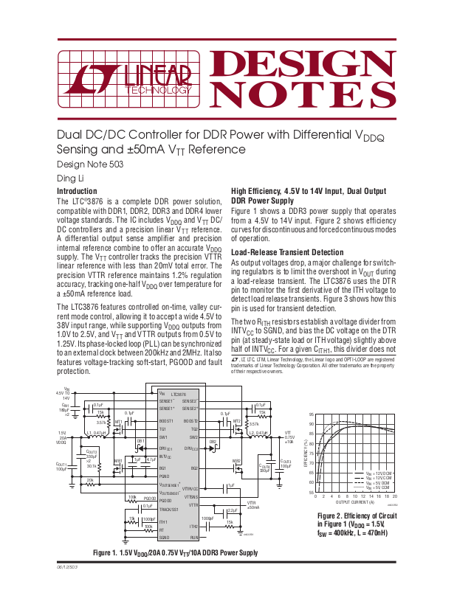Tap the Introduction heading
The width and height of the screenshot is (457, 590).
(77, 191)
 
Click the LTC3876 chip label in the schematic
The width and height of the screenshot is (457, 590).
(178, 395)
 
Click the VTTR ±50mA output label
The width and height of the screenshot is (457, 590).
(252, 505)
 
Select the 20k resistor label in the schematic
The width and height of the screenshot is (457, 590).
(90, 480)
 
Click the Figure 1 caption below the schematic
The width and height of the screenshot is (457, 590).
(175, 553)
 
